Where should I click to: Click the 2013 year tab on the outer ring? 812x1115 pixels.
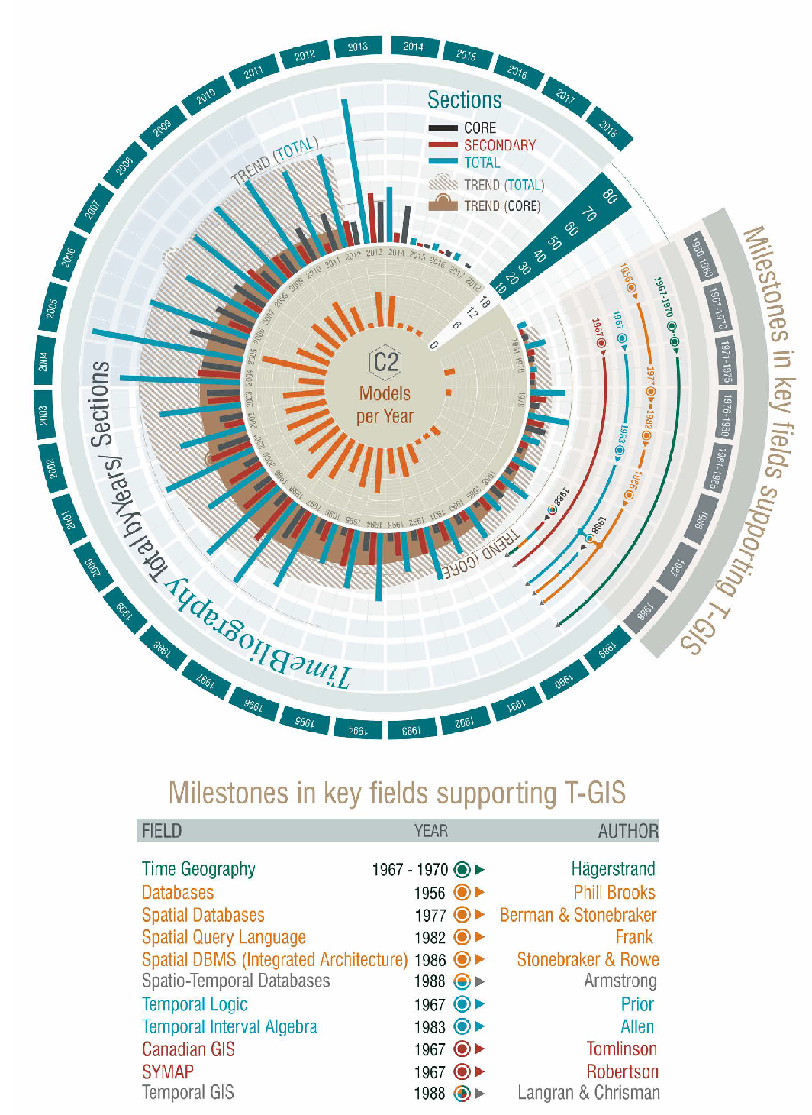(358, 47)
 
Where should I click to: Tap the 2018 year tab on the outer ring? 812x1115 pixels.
(609, 128)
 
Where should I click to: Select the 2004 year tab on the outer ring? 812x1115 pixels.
(43, 360)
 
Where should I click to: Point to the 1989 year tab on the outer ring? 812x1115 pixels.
(606, 650)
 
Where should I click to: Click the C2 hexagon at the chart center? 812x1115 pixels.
(385, 361)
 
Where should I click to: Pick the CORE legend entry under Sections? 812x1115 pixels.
(479, 128)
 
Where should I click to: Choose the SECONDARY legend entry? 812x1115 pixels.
(499, 145)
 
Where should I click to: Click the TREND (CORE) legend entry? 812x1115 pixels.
(501, 205)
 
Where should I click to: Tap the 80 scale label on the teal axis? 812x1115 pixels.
(609, 196)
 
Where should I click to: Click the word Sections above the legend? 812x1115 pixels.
(464, 100)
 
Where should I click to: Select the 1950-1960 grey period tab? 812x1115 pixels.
(701, 257)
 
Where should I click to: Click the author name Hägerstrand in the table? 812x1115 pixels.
(613, 869)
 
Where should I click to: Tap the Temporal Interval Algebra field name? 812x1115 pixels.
(230, 1027)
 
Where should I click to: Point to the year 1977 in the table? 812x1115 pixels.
(430, 915)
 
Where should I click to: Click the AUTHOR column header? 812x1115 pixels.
(627, 831)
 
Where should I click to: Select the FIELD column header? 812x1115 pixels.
(162, 831)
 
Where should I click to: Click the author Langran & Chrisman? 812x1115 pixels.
(588, 1093)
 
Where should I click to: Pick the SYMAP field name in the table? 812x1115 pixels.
(168, 1071)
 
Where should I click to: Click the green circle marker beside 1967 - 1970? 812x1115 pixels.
(462, 869)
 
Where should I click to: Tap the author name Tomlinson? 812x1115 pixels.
(621, 1049)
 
